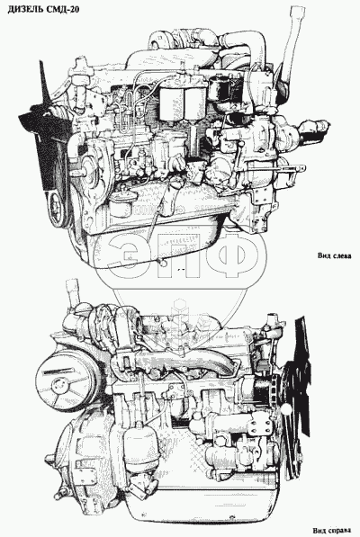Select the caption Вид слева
point(334,255)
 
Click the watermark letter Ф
point(234,256)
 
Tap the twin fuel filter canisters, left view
point(183,102)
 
